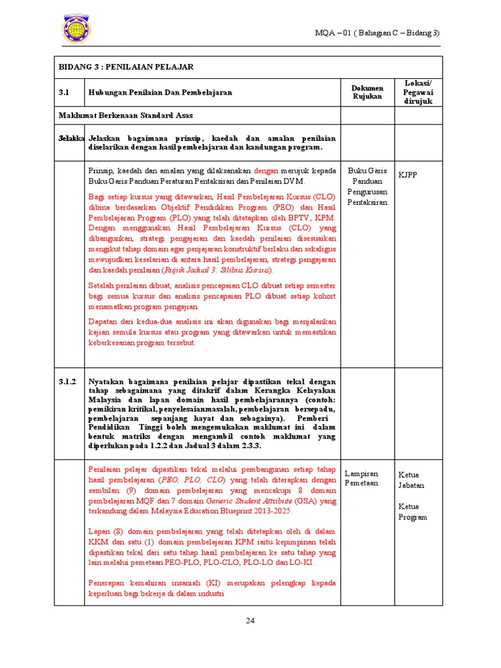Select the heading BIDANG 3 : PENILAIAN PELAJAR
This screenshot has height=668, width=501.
127,67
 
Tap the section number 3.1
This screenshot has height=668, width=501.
64,93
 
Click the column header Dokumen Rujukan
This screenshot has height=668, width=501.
367,93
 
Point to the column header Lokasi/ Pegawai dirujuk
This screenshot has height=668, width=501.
418,93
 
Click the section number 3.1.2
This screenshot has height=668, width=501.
67,382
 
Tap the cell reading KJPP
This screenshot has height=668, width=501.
408,175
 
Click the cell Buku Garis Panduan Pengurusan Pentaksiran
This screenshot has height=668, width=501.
367,187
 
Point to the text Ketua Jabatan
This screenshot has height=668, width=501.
412,480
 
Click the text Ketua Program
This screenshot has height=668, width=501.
413,511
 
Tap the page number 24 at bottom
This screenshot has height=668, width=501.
250,620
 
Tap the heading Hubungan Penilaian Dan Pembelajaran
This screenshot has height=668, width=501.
160,93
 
